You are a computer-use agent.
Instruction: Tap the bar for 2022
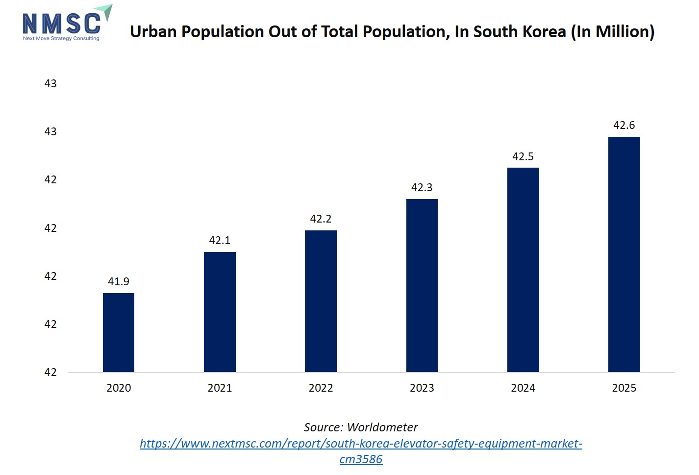point(321,301)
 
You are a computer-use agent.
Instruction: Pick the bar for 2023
point(422,285)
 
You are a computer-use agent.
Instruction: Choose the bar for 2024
point(523,270)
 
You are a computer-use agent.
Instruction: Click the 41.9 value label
point(119,281)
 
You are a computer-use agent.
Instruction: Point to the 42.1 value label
point(220,240)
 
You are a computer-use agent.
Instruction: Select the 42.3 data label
point(422,187)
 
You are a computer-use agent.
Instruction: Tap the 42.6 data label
point(624,125)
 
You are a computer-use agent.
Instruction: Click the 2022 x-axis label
point(321,388)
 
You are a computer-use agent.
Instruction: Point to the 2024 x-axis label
point(523,388)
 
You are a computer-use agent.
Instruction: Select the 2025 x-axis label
point(624,388)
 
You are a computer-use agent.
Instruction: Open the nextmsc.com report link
point(361,444)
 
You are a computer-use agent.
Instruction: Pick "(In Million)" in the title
point(613,32)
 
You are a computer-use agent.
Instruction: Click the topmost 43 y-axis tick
point(50,83)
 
